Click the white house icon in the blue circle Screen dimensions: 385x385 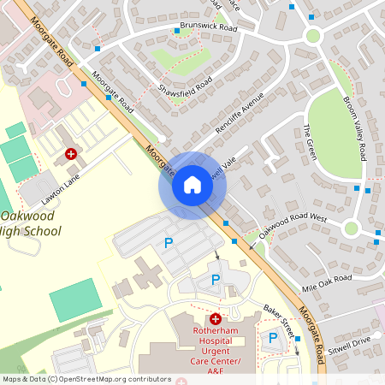(192, 185)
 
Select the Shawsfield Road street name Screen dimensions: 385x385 (184, 77)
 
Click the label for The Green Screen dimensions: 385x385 (310, 141)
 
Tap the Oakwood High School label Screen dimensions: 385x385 (31, 223)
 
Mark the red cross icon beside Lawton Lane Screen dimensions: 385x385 (71, 155)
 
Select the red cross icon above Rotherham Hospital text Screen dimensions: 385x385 (216, 318)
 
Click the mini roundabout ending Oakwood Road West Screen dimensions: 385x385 (350, 228)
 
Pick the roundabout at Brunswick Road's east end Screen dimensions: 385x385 (312, 36)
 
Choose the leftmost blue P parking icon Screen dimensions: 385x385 (169, 244)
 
